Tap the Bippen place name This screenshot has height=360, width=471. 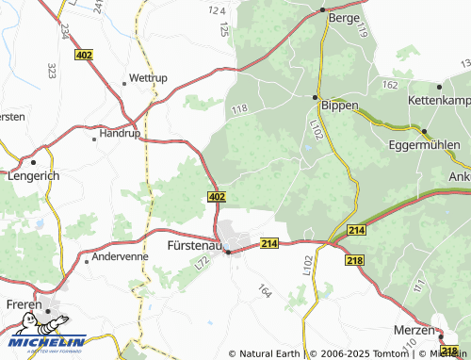click(x=339, y=106)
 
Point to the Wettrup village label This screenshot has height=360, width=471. click(x=148, y=77)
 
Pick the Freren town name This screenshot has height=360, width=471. click(x=23, y=304)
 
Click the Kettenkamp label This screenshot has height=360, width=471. click(x=439, y=99)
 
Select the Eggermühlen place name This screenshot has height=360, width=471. click(x=423, y=145)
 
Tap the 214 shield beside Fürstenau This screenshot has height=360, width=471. click(x=270, y=243)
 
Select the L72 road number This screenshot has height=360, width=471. click(x=199, y=267)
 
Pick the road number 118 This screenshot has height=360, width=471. click(x=238, y=110)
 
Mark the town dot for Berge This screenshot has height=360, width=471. click(x=321, y=10)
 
